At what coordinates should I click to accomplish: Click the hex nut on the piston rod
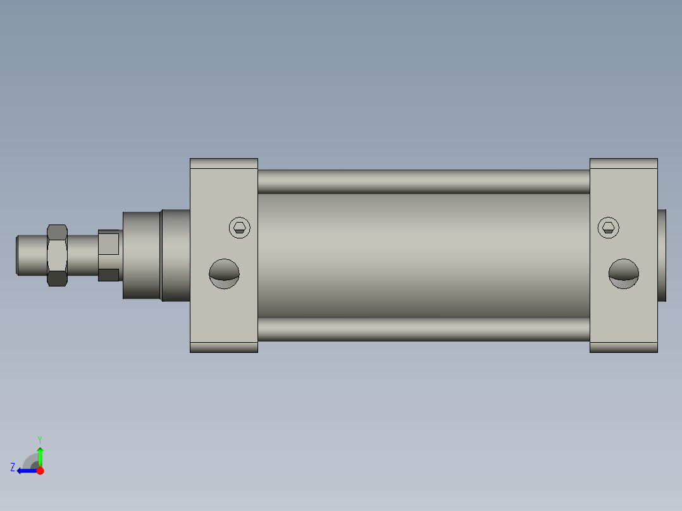57,255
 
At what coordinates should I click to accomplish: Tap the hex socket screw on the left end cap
240,228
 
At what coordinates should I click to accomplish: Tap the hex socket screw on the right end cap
609,228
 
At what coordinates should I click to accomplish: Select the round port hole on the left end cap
224,274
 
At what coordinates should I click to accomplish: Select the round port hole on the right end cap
624,274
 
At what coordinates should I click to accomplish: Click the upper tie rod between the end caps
424,182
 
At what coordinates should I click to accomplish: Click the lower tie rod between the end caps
424,329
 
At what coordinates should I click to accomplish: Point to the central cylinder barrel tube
424,255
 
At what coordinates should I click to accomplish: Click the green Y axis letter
40,440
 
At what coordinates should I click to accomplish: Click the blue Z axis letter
13,467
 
